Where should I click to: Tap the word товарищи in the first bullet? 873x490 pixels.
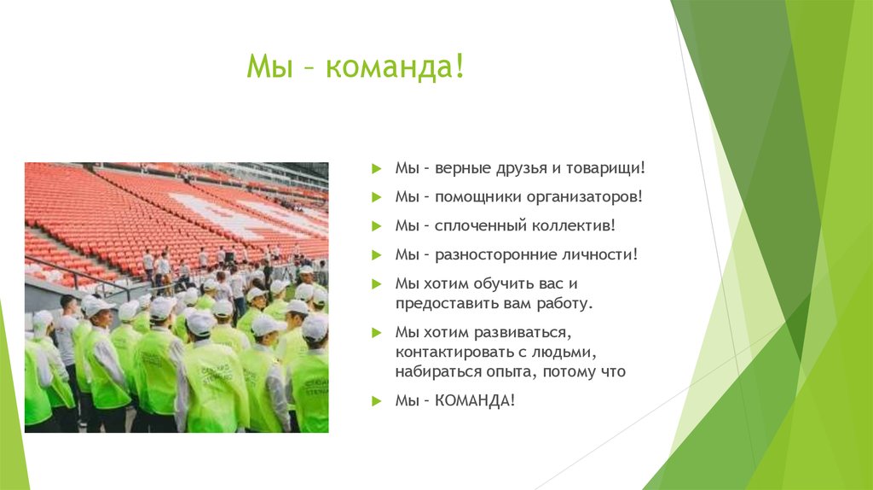pos(601,168)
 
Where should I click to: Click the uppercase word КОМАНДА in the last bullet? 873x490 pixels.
pos(475,400)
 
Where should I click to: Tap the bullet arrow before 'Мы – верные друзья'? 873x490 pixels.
pos(377,169)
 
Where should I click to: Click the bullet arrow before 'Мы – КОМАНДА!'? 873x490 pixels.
pos(377,401)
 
